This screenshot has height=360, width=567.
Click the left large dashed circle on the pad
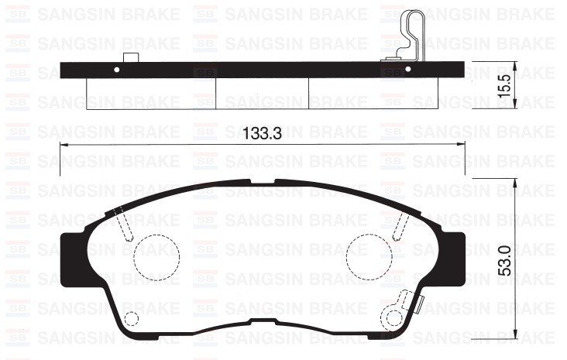(x=156, y=255)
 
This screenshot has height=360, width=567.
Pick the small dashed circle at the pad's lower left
(x=132, y=318)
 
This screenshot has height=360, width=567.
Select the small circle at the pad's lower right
(x=394, y=317)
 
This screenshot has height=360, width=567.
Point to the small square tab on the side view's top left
(x=131, y=57)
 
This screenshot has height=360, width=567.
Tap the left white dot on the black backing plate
(x=117, y=70)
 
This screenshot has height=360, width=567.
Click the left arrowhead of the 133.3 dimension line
(x=63, y=146)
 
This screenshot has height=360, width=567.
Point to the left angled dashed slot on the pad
(x=124, y=224)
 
